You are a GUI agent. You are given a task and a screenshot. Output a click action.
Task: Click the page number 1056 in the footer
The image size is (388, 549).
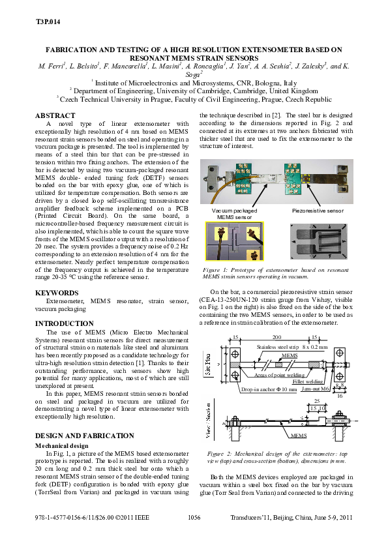point(194,517)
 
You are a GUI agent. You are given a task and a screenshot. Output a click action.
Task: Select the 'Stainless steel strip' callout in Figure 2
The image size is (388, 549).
point(278,348)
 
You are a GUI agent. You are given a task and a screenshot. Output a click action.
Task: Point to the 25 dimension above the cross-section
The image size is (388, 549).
point(316,401)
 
